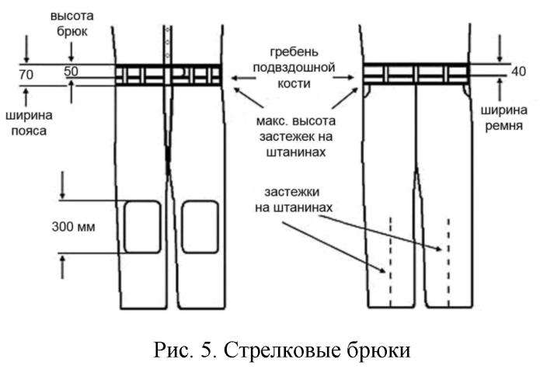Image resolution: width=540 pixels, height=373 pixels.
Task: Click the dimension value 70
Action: tap(26, 75)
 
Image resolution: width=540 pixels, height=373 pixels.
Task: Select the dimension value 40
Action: tap(498, 72)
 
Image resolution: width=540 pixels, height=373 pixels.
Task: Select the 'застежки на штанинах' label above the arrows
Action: tap(293, 199)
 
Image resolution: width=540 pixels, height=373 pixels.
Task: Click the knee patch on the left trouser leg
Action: tap(142, 226)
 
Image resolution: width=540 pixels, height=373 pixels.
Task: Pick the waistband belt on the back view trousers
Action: tap(416, 74)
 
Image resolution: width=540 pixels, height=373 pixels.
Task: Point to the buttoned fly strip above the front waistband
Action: tap(167, 44)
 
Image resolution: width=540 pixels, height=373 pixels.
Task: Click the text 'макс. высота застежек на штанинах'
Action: tap(293, 137)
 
